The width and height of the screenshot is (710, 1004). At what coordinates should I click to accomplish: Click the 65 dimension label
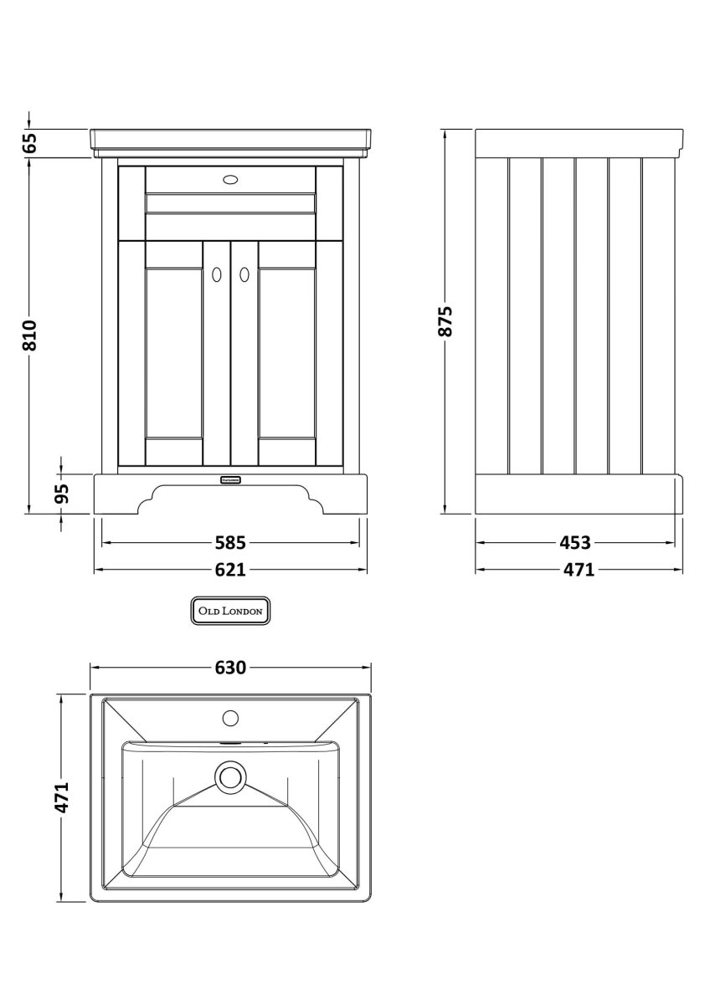coord(30,143)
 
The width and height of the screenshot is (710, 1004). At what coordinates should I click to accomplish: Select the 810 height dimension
coord(30,335)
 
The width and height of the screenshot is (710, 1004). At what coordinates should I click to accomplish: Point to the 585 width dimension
coord(229,543)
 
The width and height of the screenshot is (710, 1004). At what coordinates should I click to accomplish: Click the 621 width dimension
coord(229,570)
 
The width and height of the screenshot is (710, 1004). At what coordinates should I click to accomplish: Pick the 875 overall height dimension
coord(445,321)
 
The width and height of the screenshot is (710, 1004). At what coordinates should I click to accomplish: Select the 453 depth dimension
coord(575,543)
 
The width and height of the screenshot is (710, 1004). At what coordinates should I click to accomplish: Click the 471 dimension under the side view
coord(577,570)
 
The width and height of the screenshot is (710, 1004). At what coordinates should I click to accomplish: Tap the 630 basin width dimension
coord(230,668)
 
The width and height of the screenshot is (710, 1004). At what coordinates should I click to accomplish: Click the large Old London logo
coord(230,612)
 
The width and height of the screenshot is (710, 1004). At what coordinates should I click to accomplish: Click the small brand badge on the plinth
coord(230,479)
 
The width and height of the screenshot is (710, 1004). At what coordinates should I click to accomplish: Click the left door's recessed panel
coord(174,354)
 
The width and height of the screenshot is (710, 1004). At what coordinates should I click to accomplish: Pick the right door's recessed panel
coord(286,354)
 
